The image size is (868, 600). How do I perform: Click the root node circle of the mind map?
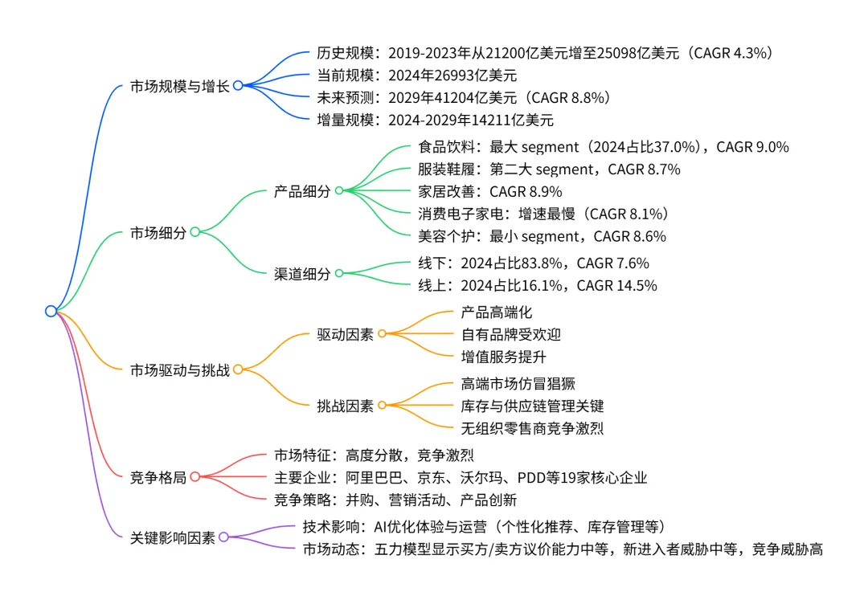(x=51, y=311)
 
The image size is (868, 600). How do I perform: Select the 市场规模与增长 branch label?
(x=179, y=86)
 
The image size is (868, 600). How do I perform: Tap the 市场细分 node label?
(x=158, y=233)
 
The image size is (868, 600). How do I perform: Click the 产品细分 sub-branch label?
(x=301, y=191)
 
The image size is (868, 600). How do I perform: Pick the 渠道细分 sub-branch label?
(x=301, y=274)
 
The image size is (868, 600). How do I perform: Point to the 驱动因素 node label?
(x=345, y=334)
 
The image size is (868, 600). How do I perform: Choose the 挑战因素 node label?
(x=345, y=406)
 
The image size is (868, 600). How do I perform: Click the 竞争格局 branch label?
(x=158, y=478)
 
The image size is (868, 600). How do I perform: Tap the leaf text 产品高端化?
(x=496, y=312)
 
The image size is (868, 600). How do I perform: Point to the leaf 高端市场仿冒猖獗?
(x=518, y=384)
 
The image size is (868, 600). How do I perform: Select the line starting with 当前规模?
(x=416, y=76)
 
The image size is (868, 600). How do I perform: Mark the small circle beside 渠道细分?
(x=338, y=274)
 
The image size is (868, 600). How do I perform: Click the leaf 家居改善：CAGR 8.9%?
(x=490, y=191)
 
